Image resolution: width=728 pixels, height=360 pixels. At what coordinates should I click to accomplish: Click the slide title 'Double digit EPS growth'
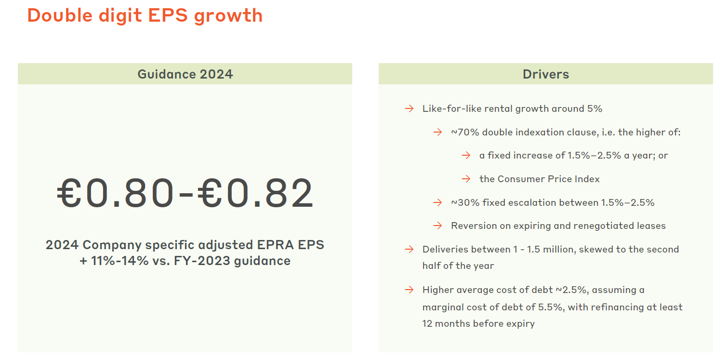[145, 15]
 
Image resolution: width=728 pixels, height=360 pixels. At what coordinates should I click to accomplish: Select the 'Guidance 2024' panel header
[185, 74]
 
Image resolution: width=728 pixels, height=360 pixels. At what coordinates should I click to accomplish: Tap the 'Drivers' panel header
[545, 74]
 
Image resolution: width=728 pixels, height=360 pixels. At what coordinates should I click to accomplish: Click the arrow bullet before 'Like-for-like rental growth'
[409, 109]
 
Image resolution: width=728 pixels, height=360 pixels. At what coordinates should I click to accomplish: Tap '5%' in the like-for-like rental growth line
[595, 109]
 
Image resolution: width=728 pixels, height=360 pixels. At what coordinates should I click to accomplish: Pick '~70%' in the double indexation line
[465, 132]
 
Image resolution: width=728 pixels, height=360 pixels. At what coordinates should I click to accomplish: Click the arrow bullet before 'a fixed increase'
[466, 156]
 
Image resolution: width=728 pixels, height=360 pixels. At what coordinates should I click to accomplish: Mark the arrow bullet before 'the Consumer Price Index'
[466, 179]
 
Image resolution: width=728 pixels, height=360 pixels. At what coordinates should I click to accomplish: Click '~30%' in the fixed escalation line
[465, 203]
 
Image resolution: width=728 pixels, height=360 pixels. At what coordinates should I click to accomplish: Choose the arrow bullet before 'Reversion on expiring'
[437, 226]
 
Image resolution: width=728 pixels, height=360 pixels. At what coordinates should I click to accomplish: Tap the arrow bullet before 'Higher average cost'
[409, 290]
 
